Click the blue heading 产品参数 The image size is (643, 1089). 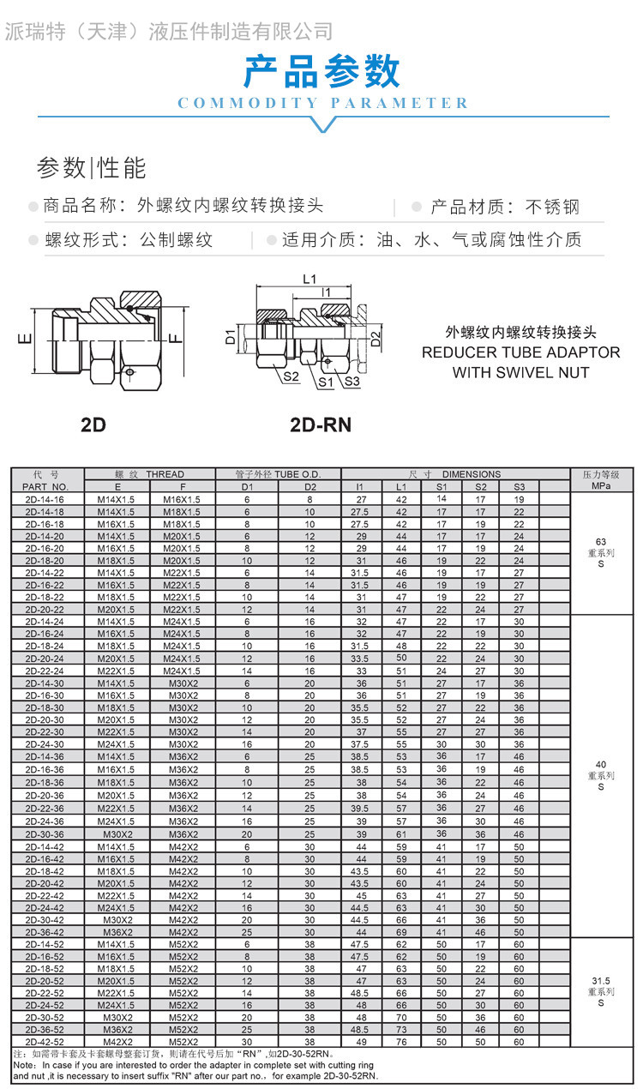[321, 71]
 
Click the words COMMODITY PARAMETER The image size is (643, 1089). [322, 104]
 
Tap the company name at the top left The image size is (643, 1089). [169, 33]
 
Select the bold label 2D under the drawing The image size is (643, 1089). [93, 425]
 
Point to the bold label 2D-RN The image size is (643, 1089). [320, 425]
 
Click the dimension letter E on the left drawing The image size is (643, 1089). [25, 338]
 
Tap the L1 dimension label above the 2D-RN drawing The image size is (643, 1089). [309, 279]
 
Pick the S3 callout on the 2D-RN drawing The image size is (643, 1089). [352, 382]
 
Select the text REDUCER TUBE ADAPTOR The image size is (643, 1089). [520, 352]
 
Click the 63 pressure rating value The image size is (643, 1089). [600, 542]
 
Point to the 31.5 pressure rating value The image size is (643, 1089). [600, 980]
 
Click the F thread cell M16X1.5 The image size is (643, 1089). [182, 499]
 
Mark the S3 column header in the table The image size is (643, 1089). [519, 486]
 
